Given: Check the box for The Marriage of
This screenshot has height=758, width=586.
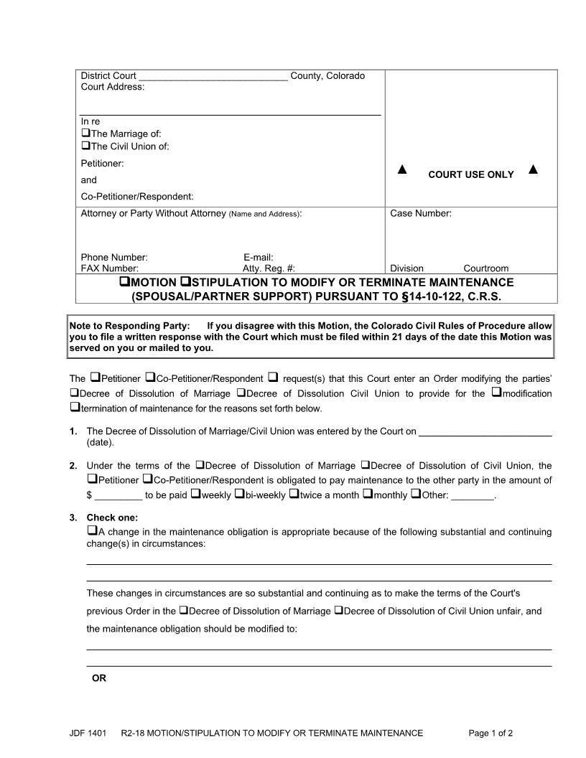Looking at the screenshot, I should click(x=85, y=134).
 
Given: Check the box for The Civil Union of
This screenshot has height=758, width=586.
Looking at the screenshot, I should click(x=85, y=146).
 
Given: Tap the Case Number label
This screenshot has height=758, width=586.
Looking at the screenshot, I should click(x=420, y=213).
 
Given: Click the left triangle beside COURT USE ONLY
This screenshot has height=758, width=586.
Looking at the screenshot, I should click(x=402, y=170).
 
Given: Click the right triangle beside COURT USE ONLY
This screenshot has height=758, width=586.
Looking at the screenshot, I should click(x=533, y=170).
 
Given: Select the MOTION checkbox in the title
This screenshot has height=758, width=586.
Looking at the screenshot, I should click(x=124, y=282).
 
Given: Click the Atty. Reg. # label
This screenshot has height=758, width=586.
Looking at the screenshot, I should click(x=269, y=268).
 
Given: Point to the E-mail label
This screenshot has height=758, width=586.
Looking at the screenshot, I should click(x=259, y=257).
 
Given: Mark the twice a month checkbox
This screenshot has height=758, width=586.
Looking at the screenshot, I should click(x=294, y=495).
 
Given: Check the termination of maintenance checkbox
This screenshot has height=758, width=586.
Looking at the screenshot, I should click(x=75, y=408).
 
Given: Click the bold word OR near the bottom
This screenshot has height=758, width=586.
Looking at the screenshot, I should click(x=99, y=678).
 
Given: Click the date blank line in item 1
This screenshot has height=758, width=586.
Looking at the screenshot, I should click(x=485, y=433).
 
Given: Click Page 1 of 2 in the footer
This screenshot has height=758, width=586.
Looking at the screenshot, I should click(x=490, y=733).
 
